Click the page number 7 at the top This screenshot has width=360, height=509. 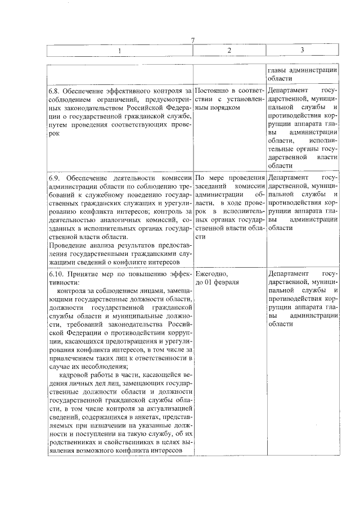point(192,40)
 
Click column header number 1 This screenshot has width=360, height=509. point(119,51)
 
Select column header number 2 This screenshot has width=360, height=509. point(229,51)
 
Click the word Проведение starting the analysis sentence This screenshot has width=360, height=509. point(66,245)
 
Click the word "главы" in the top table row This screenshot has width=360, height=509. point(278,70)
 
